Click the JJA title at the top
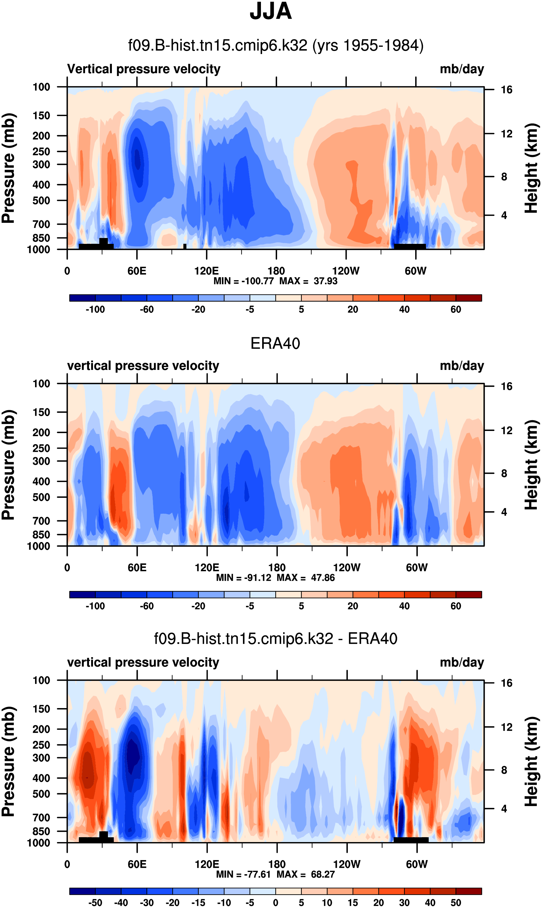271,12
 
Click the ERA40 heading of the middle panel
275,343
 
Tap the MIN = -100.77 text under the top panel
244,281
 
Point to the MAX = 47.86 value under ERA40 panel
306,577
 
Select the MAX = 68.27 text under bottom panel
306,874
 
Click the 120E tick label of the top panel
206,271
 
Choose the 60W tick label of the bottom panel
417,864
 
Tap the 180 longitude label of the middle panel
277,568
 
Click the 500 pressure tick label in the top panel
41,201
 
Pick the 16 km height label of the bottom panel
506,683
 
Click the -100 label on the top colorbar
95,309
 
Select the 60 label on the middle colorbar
455,606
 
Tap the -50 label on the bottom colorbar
95,903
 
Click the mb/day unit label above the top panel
462,69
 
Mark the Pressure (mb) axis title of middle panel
8,465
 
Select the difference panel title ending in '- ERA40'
275,638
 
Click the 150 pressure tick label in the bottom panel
41,709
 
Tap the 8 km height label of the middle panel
504,473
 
